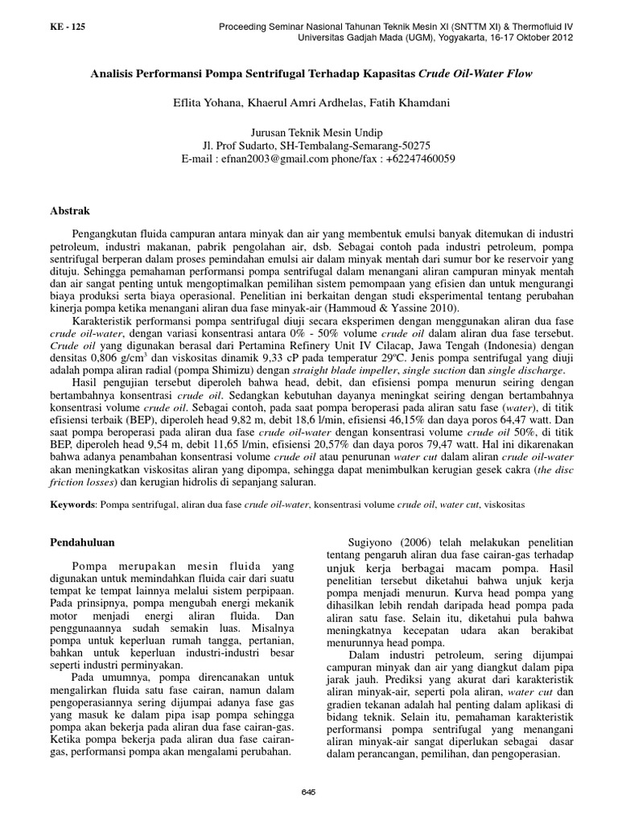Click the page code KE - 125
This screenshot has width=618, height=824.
point(67,27)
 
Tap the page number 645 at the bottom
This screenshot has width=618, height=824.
point(309,792)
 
